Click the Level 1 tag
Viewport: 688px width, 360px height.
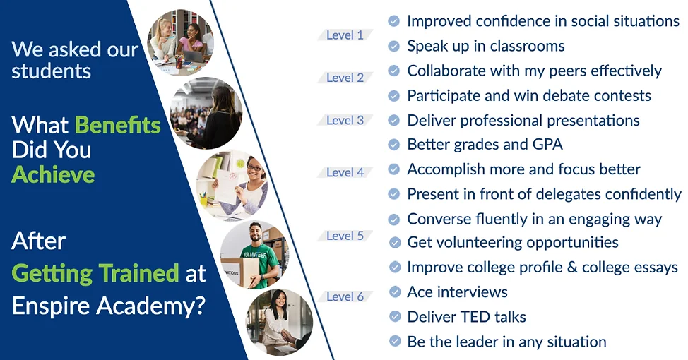pos(345,35)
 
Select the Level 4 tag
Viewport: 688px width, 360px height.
pos(345,172)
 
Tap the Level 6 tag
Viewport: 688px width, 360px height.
pos(345,296)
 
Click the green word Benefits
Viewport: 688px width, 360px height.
pos(117,125)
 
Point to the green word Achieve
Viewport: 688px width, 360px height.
pos(53,174)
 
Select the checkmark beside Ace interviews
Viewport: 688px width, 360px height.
pos(395,292)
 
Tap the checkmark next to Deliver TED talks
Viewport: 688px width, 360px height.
pos(395,316)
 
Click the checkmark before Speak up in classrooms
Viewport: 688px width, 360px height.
pos(394,46)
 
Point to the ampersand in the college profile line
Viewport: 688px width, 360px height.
pos(572,267)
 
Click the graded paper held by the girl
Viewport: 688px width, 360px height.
pos(227,186)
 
